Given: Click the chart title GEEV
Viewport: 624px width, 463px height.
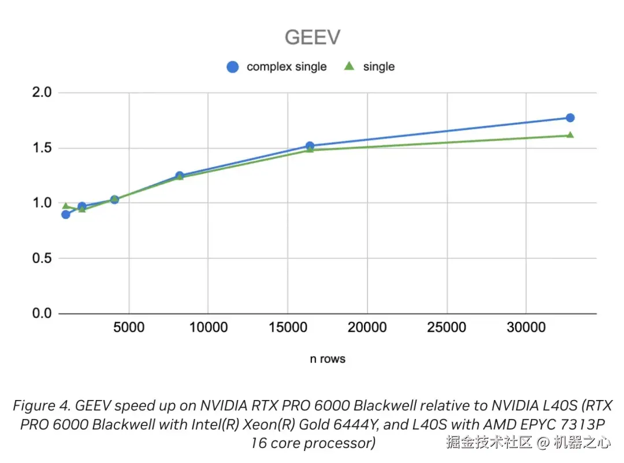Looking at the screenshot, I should pos(312,37).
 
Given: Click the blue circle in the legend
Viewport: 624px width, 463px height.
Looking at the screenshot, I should pos(233,67).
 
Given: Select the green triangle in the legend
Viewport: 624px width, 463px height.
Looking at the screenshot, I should pos(349,66).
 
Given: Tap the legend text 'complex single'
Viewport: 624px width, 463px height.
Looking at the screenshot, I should pos(287,67).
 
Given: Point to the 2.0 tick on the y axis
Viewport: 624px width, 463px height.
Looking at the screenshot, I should pos(41,92).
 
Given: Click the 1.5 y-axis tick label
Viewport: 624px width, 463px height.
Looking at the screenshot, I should pos(41,148).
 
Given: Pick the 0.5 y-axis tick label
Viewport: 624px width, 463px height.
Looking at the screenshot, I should pos(41,258).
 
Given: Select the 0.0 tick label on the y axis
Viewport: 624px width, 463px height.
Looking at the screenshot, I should pos(41,314).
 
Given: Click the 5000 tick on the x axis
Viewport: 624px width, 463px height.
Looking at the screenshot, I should pos(129,328).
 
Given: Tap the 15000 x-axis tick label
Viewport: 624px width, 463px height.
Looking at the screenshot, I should pos(288,328).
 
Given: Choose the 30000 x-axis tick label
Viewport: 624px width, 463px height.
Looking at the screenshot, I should pos(525,328).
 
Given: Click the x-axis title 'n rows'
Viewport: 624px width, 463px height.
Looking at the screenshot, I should pos(328,359).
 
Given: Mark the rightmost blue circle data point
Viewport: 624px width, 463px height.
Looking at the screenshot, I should pos(570,118).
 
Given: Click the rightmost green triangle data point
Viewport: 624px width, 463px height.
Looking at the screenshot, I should pos(570,135).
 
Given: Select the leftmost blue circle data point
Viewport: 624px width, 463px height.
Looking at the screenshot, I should pos(66,214).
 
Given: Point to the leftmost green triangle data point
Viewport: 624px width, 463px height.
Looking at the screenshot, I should pos(66,206).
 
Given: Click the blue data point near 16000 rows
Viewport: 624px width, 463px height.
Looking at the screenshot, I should pos(310,146).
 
